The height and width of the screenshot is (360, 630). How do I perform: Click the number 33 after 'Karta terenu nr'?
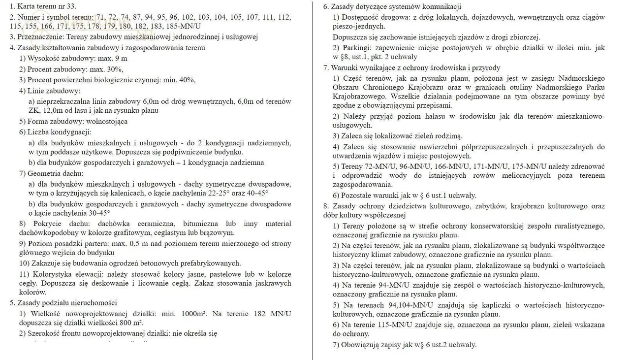coord(71,6)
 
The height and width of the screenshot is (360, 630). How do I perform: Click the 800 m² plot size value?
coord(131,323)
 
